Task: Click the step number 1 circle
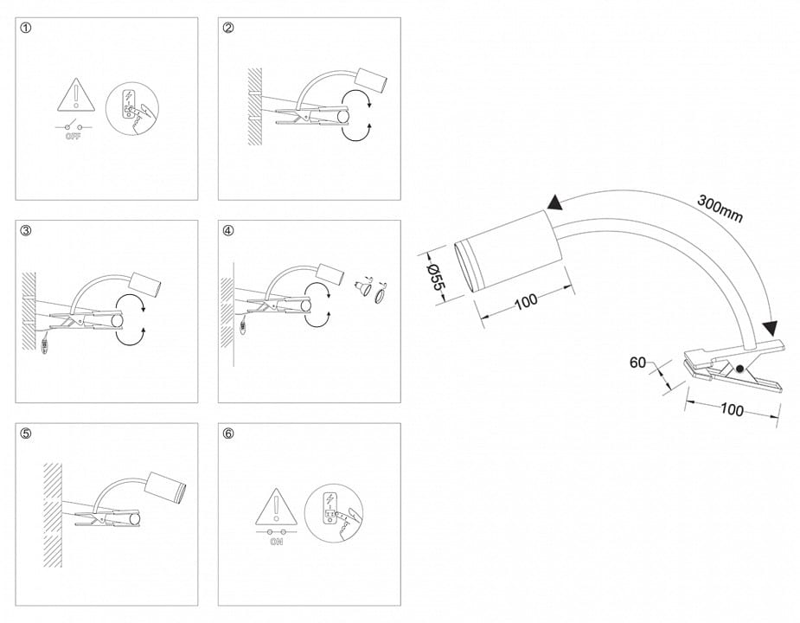coord(25,28)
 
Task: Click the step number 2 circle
coord(228,28)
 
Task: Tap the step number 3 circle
coord(25,231)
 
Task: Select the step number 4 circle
coord(228,231)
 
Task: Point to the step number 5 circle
coord(25,434)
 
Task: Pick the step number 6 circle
coord(228,434)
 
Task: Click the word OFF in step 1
coord(74,137)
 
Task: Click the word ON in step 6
coord(276,542)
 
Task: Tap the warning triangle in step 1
coord(76,95)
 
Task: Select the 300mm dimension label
coord(720,209)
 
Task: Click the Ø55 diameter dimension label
coord(436,276)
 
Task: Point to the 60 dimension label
coord(637,363)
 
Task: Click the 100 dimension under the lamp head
coord(526,301)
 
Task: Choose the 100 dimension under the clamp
coord(732,409)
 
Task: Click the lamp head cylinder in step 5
coord(165,486)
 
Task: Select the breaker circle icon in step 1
coord(132,109)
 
